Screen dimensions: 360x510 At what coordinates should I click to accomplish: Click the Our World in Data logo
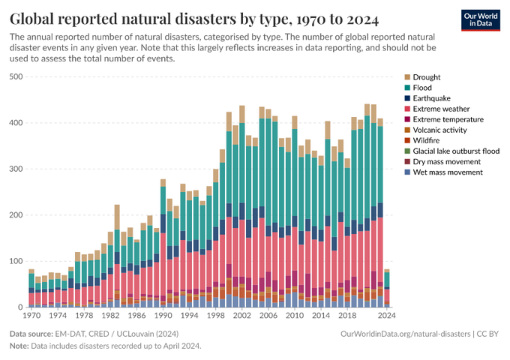coord(480,20)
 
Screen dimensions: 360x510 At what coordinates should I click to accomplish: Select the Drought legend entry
coord(427,77)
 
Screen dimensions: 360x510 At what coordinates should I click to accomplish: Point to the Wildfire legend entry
coord(427,140)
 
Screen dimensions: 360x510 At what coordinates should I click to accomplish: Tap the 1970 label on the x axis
coord(31,316)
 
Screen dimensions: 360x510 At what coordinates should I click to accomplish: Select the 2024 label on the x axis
coord(387,316)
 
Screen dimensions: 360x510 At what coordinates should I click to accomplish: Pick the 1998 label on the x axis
coord(216,316)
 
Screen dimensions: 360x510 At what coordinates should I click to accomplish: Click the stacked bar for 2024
coord(387,289)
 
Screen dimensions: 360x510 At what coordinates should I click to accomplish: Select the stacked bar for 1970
coord(31,289)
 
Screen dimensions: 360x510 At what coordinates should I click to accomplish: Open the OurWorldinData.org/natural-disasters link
coord(405,333)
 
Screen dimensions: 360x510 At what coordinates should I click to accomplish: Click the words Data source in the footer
coord(34,333)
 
